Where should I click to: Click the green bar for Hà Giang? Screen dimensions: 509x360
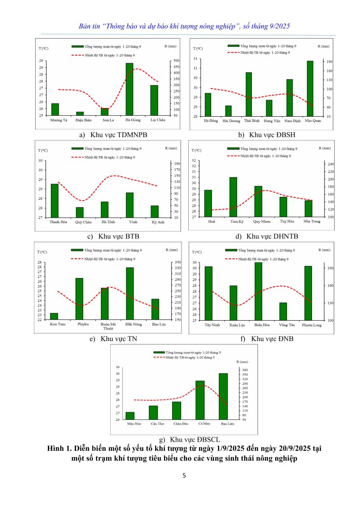(129, 89)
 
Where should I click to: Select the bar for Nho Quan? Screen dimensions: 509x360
(310, 89)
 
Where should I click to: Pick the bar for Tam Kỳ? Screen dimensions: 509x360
(233, 197)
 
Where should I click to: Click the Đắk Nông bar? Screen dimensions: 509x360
(130, 294)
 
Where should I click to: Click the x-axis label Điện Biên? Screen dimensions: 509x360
(84, 120)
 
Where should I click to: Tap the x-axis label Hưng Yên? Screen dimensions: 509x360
(269, 121)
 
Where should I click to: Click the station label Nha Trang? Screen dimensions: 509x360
(312, 221)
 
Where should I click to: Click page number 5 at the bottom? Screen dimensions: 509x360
(184, 475)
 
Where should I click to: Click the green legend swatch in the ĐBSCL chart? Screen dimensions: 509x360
(159, 352)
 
